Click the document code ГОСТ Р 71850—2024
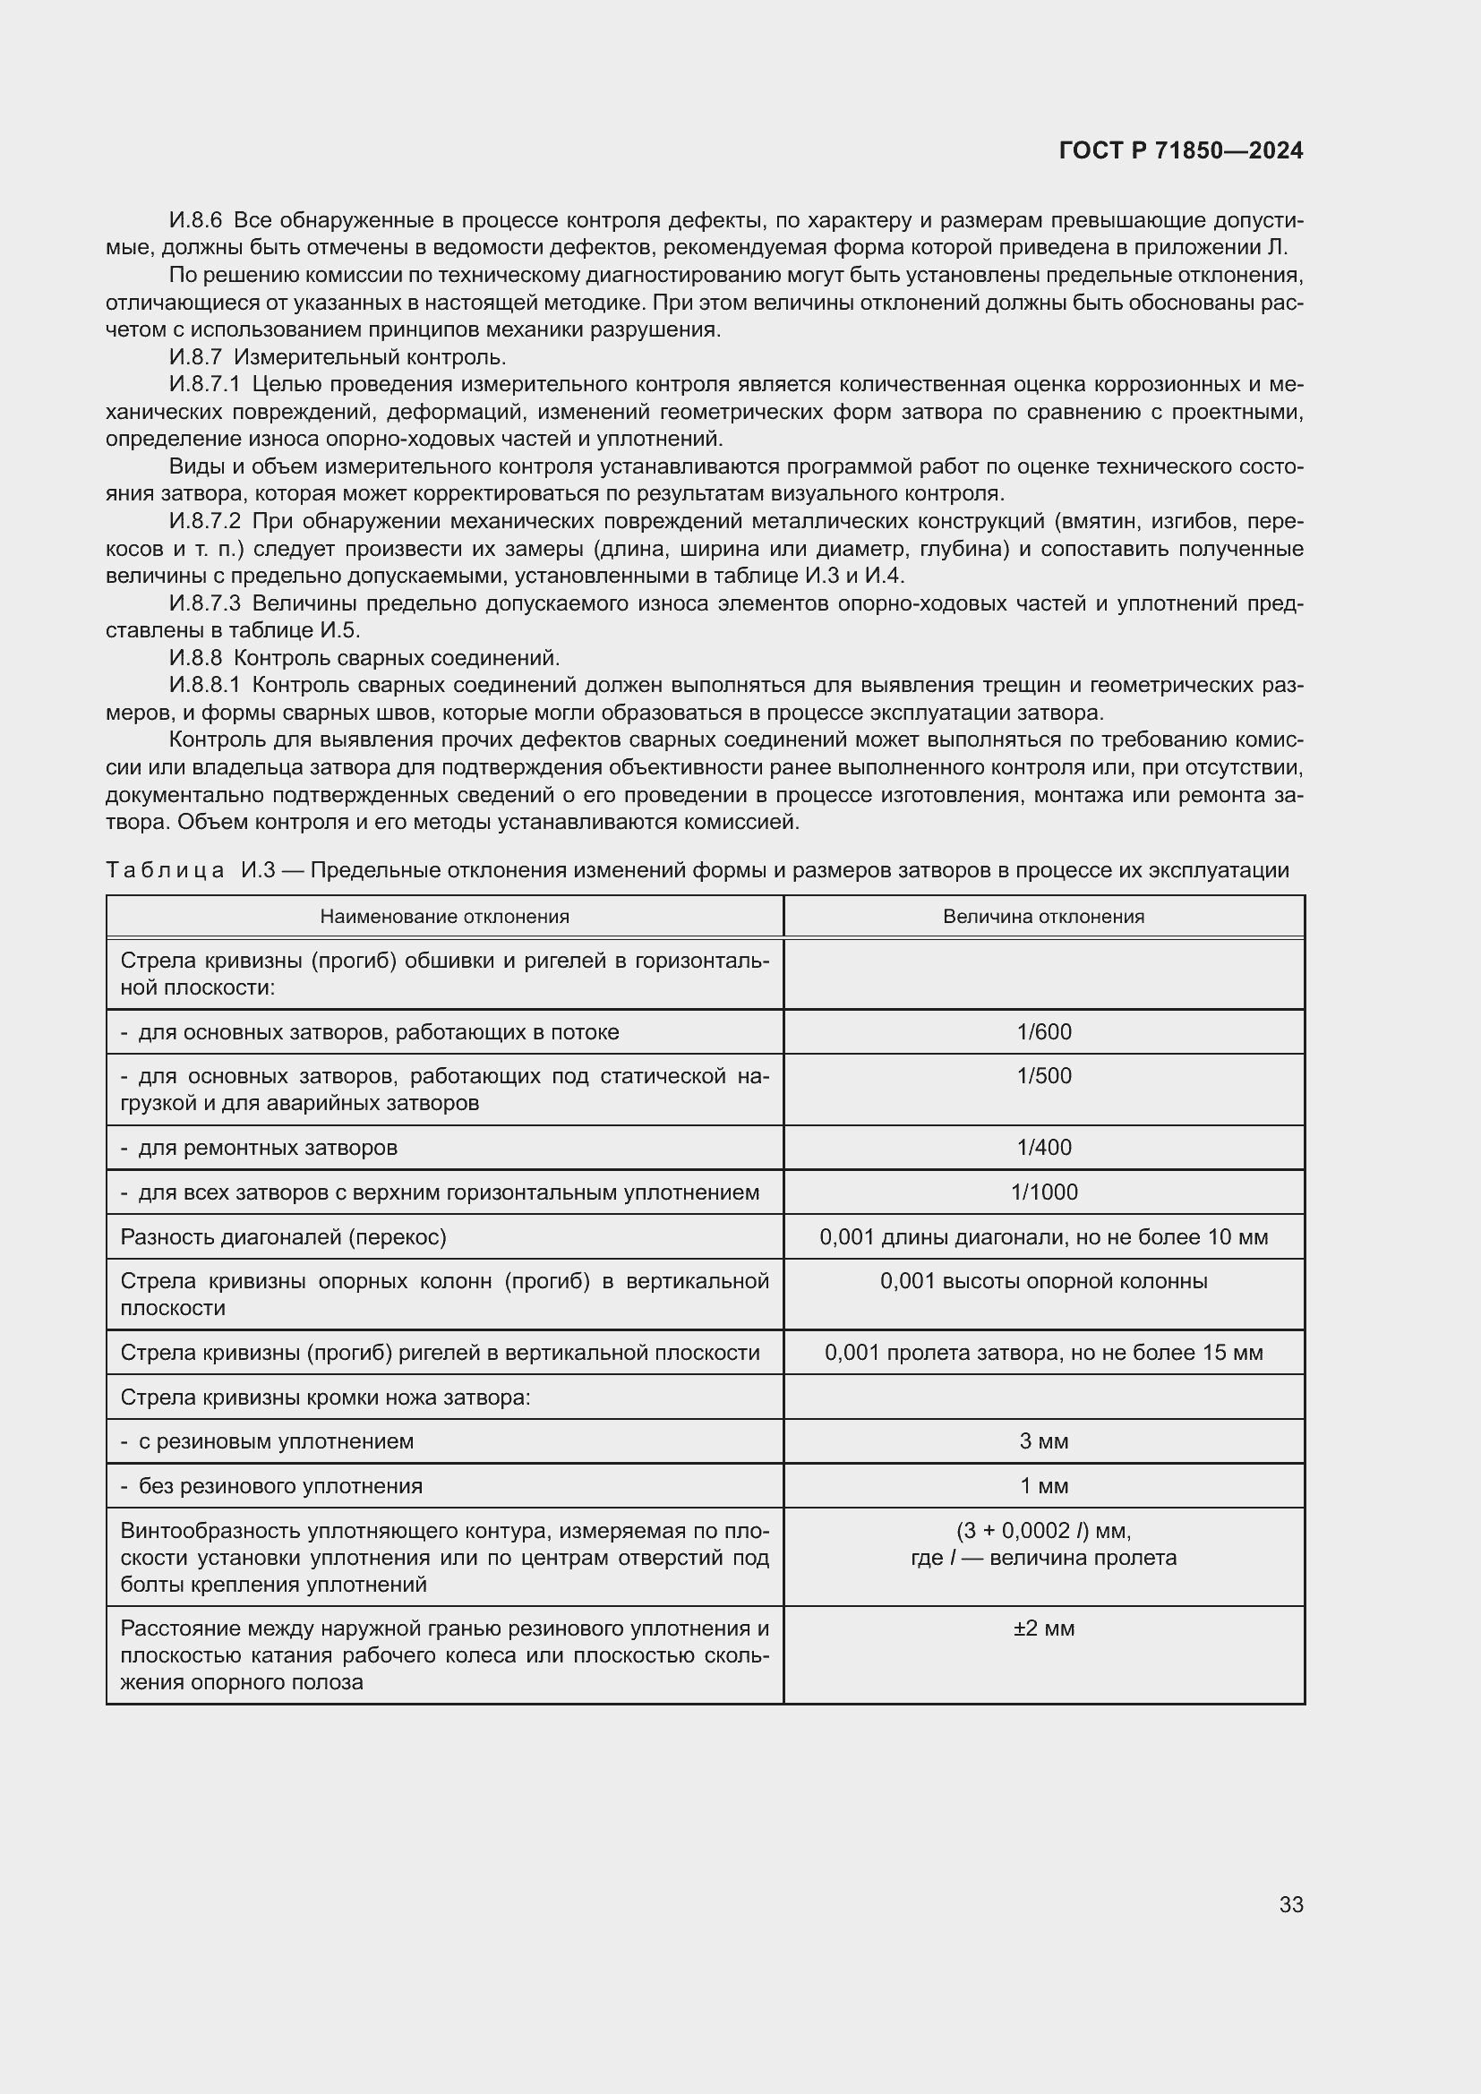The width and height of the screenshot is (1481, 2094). pos(1181,151)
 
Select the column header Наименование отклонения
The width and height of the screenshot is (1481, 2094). pos(444,917)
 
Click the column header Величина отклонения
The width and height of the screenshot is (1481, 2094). pos(1043,917)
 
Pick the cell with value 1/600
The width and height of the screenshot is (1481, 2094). pos(1044,1032)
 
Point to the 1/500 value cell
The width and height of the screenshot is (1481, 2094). pos(1044,1076)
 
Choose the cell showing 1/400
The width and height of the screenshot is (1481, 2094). pos(1044,1148)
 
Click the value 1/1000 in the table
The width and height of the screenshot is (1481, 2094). pos(1044,1192)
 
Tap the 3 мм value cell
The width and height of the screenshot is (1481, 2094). pos(1044,1442)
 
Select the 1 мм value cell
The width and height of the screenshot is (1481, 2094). pos(1044,1487)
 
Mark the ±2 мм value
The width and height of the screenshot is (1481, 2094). pos(1044,1628)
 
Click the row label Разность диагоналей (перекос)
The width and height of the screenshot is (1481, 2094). pos(283,1237)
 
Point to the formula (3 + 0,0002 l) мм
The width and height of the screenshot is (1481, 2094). pos(1044,1530)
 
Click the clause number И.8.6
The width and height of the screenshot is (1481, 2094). pos(195,221)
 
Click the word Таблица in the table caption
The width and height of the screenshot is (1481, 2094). pos(165,870)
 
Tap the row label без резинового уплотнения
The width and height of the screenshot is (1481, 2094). pos(280,1487)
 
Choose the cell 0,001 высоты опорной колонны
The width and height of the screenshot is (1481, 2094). pos(1044,1281)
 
